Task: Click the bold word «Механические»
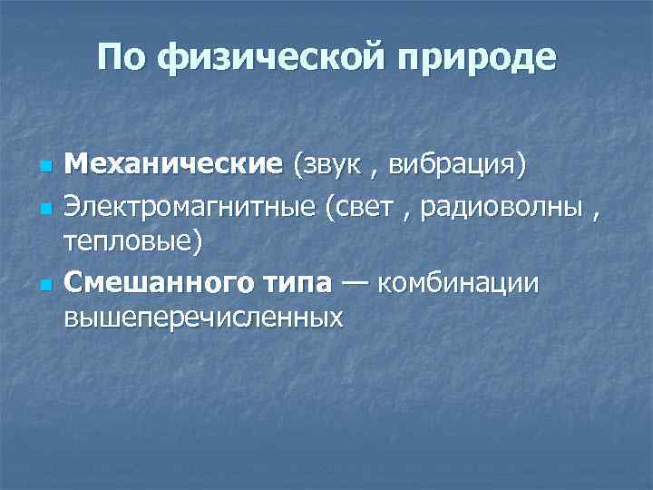pos(174,166)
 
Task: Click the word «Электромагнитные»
pos(184,206)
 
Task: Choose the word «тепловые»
pos(132,242)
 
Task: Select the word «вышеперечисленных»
pos(203,318)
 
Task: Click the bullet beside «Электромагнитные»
pos(43,208)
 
